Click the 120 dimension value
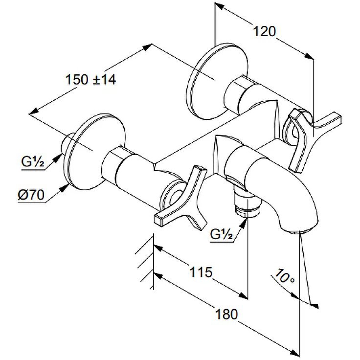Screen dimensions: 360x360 tap(264, 31)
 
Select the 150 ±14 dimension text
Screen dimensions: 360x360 tap(91, 80)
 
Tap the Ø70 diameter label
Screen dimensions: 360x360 tap(31, 195)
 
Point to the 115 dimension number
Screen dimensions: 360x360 tap(201, 272)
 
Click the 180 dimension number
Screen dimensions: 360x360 tap(226, 314)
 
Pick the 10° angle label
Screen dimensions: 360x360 tap(284, 277)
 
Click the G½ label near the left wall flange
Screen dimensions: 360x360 tap(33, 161)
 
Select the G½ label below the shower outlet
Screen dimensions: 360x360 tap(221, 234)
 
